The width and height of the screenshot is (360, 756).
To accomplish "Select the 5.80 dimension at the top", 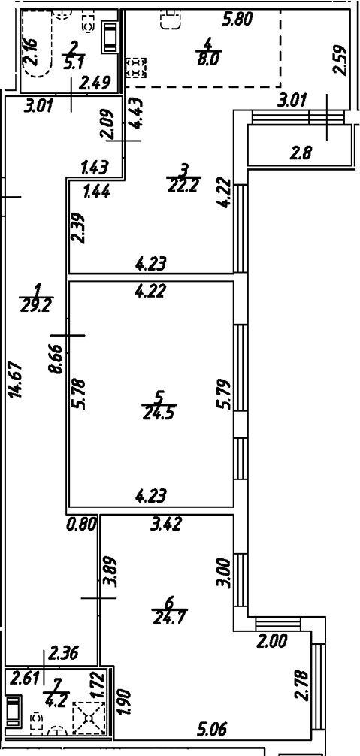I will (x=239, y=21).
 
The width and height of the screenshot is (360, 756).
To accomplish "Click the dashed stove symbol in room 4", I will (x=137, y=68).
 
